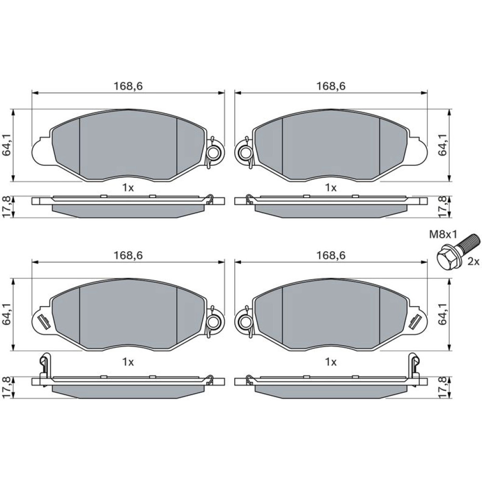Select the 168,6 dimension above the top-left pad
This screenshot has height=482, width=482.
pos(128,86)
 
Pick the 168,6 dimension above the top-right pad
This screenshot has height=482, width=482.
pos(331,86)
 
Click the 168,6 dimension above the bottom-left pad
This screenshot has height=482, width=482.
pos(128,255)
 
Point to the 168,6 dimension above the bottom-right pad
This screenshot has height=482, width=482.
pos(331,255)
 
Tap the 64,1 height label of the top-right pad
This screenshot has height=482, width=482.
pos(442,145)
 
